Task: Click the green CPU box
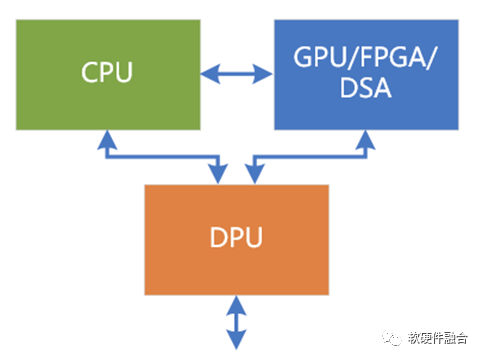pos(108,75)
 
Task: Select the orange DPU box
pos(237,240)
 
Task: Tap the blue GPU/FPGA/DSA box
pos(366,75)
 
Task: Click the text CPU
pos(107,72)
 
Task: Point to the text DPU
pos(236,237)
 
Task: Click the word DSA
pos(366,88)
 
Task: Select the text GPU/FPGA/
pos(365,58)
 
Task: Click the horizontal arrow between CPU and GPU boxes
pos(237,74)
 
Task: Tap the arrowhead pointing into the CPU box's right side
pos(210,74)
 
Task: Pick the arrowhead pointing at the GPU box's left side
pos(263,74)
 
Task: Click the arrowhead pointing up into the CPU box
pos(107,140)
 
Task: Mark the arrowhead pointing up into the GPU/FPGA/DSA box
pos(366,140)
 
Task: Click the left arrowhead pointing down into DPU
pos(218,174)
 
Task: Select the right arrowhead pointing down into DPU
pos(255,174)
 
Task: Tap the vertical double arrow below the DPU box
pos(236,323)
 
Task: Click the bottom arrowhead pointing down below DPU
pos(236,340)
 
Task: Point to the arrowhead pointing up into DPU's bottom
pos(236,305)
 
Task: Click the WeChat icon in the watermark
pos(392,338)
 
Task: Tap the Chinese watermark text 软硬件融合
pos(438,338)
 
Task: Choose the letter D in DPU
pos(218,237)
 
